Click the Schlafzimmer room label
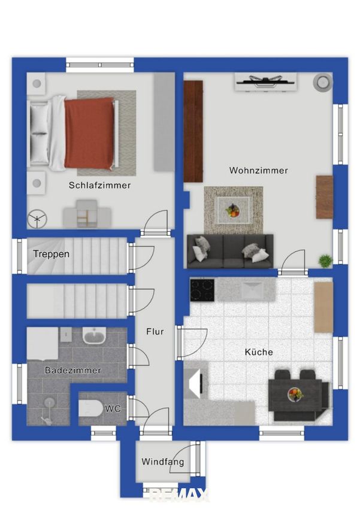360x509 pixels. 99,186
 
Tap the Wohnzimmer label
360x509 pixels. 258,171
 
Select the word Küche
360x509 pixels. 259,352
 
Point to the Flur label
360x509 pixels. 155,331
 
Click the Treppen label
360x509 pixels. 52,254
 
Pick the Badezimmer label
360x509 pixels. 72,370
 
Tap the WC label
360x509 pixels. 113,408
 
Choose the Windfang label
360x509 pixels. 163,462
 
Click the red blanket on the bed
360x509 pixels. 89,133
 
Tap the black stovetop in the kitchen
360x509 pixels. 202,290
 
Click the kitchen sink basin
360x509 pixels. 253,290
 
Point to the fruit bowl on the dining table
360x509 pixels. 295,395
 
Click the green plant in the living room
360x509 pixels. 325,260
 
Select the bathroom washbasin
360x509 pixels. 94,335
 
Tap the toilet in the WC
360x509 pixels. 91,408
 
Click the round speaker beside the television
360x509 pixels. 323,82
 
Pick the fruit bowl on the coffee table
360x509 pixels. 233,210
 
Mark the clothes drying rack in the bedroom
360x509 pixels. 37,219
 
